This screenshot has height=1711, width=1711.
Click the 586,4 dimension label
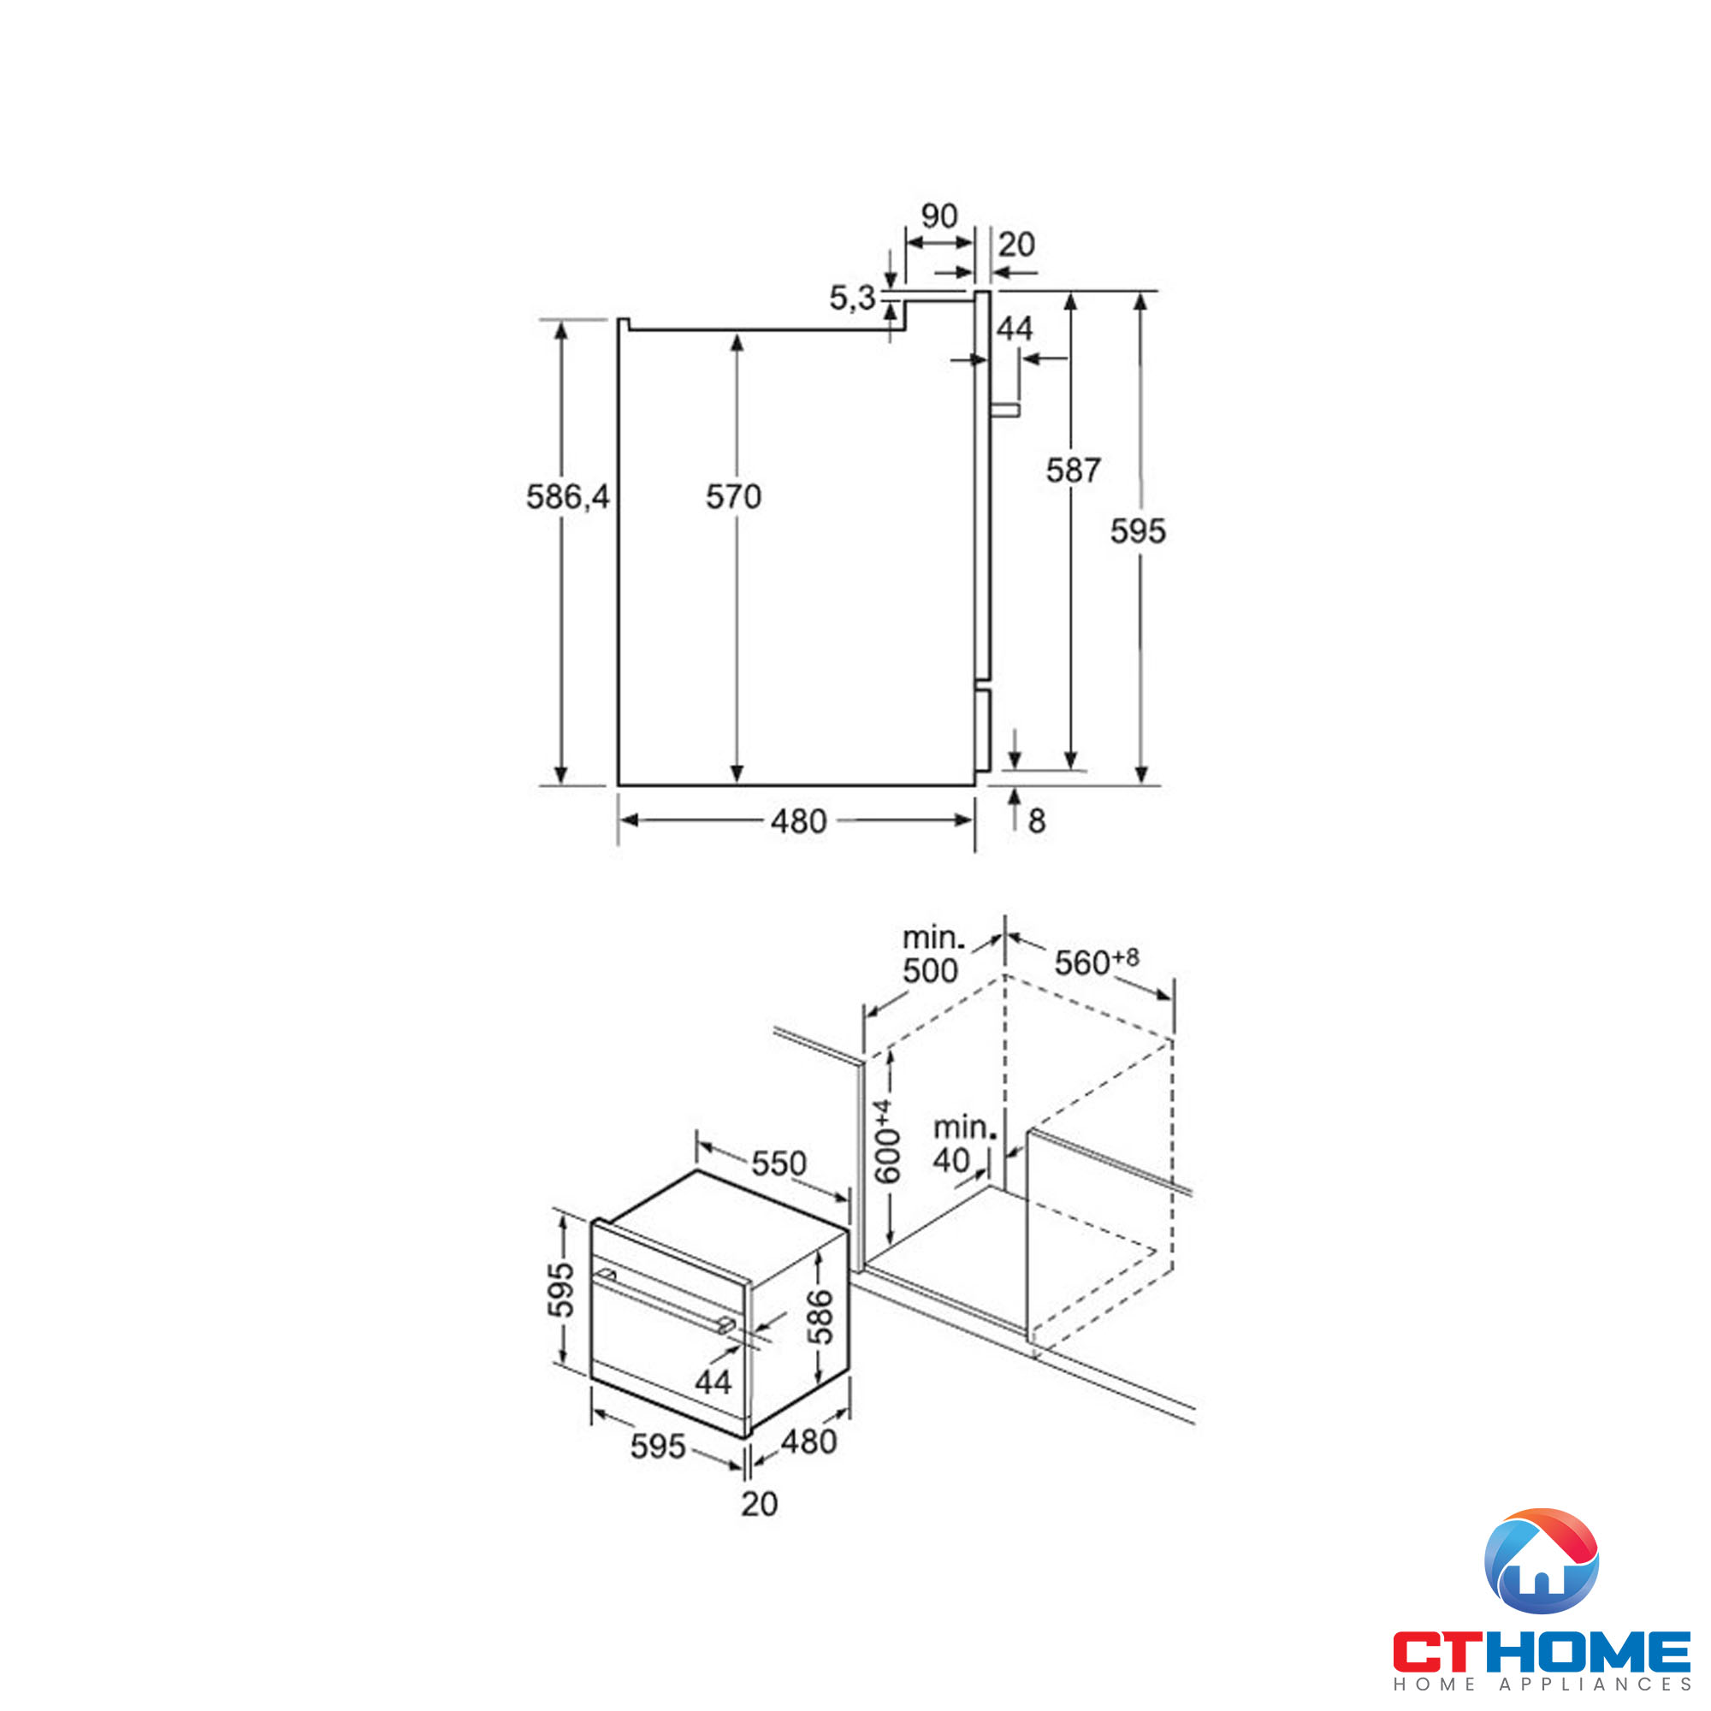[568, 497]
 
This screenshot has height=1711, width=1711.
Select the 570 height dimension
[733, 497]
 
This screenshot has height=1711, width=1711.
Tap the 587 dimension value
[1074, 471]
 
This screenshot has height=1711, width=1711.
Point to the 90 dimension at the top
[938, 216]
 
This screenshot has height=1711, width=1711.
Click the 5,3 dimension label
[852, 299]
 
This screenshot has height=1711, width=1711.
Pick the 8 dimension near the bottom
[1036, 821]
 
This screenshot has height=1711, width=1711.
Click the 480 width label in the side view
[798, 822]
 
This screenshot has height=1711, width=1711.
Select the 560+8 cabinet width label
[1097, 962]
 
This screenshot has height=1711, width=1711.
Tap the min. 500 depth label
[932, 955]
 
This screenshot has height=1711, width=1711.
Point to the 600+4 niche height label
[886, 1142]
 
